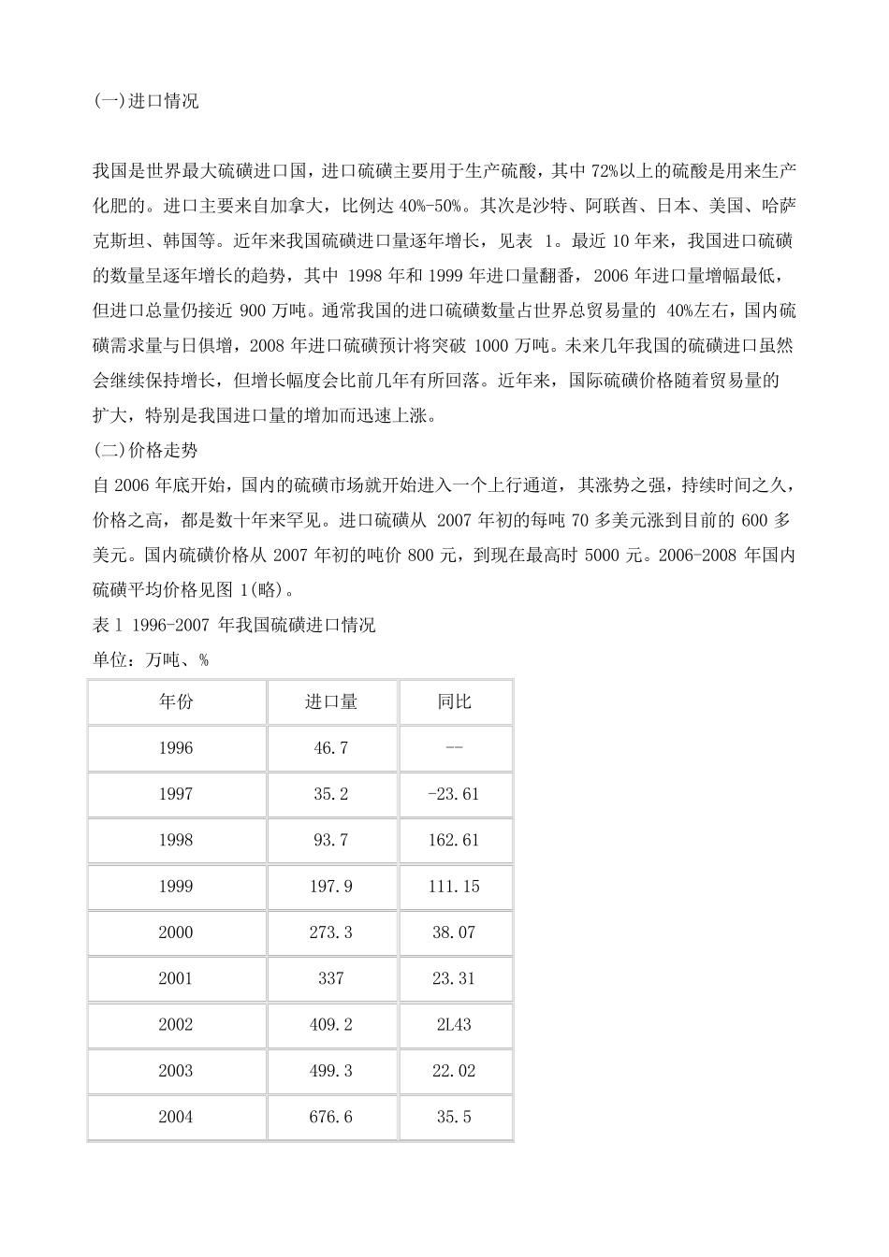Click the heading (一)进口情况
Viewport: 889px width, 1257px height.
(146, 101)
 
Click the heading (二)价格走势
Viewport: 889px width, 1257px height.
(146, 450)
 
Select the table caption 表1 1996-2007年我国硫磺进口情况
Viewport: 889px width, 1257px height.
(235, 625)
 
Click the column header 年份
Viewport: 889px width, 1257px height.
(176, 701)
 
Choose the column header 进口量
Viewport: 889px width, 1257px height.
(331, 701)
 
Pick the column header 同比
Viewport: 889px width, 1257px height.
(455, 701)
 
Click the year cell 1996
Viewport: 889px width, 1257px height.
(176, 748)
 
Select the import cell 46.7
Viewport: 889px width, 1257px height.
(331, 748)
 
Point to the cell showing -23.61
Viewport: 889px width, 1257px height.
(454, 794)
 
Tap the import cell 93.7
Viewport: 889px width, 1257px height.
(331, 840)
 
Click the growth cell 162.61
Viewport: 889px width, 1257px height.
(454, 840)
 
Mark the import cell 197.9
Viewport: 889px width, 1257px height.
(331, 886)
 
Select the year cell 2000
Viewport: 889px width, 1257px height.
(176, 932)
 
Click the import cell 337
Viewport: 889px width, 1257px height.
(331, 978)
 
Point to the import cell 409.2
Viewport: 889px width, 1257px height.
(331, 1024)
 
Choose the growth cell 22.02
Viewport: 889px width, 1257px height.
(454, 1071)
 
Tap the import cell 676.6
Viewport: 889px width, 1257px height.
(331, 1117)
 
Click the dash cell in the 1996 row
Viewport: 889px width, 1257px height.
(454, 748)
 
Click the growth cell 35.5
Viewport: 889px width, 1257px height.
(454, 1117)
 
